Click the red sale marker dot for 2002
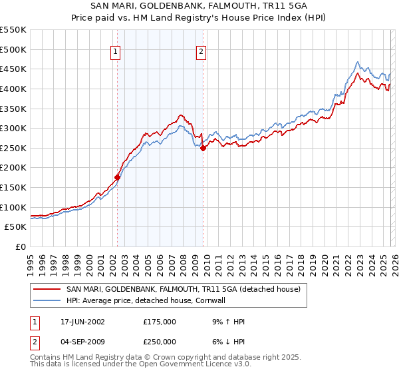(118, 177)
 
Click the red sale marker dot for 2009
(203, 149)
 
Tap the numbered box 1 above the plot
(115, 53)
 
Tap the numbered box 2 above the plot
(200, 53)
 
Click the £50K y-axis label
(15, 227)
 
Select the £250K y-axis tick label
(13, 148)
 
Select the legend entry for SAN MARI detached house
(184, 289)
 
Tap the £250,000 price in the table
(160, 340)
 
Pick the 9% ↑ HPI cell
(226, 322)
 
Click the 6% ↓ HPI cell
(226, 340)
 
